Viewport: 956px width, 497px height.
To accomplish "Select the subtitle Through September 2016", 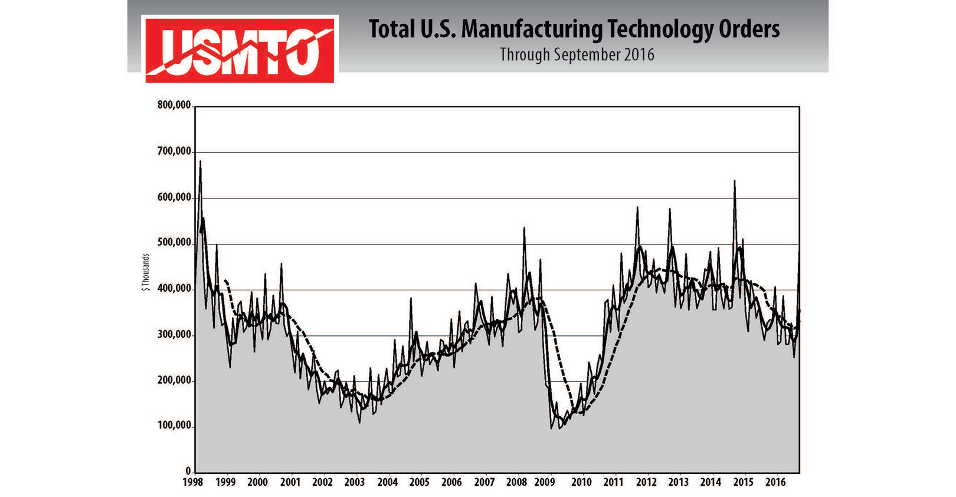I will pyautogui.click(x=577, y=55).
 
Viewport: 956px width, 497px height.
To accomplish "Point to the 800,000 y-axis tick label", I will pyautogui.click(x=174, y=106).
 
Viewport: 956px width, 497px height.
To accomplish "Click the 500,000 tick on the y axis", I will pyautogui.click(x=174, y=243).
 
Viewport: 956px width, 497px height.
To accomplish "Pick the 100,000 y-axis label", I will pyautogui.click(x=174, y=426).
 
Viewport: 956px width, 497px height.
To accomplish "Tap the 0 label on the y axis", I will pyautogui.click(x=188, y=471).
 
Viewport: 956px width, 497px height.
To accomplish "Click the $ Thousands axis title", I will pyautogui.click(x=146, y=272).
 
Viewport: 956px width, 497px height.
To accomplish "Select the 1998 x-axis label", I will pyautogui.click(x=193, y=482).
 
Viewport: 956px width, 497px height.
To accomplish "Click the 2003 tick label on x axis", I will pyautogui.click(x=355, y=482).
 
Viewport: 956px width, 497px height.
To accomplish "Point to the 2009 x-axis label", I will pyautogui.click(x=545, y=482).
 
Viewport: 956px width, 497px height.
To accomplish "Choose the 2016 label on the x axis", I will pyautogui.click(x=775, y=482).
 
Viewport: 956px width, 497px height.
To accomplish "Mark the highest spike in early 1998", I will pyautogui.click(x=201, y=161).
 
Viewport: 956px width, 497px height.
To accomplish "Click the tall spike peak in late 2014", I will pyautogui.click(x=734, y=181).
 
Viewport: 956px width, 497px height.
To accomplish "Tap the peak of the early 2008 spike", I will pyautogui.click(x=524, y=228).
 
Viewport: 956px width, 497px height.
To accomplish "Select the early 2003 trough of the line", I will pyautogui.click(x=359, y=422).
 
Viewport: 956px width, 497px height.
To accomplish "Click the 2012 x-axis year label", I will pyautogui.click(x=646, y=482).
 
